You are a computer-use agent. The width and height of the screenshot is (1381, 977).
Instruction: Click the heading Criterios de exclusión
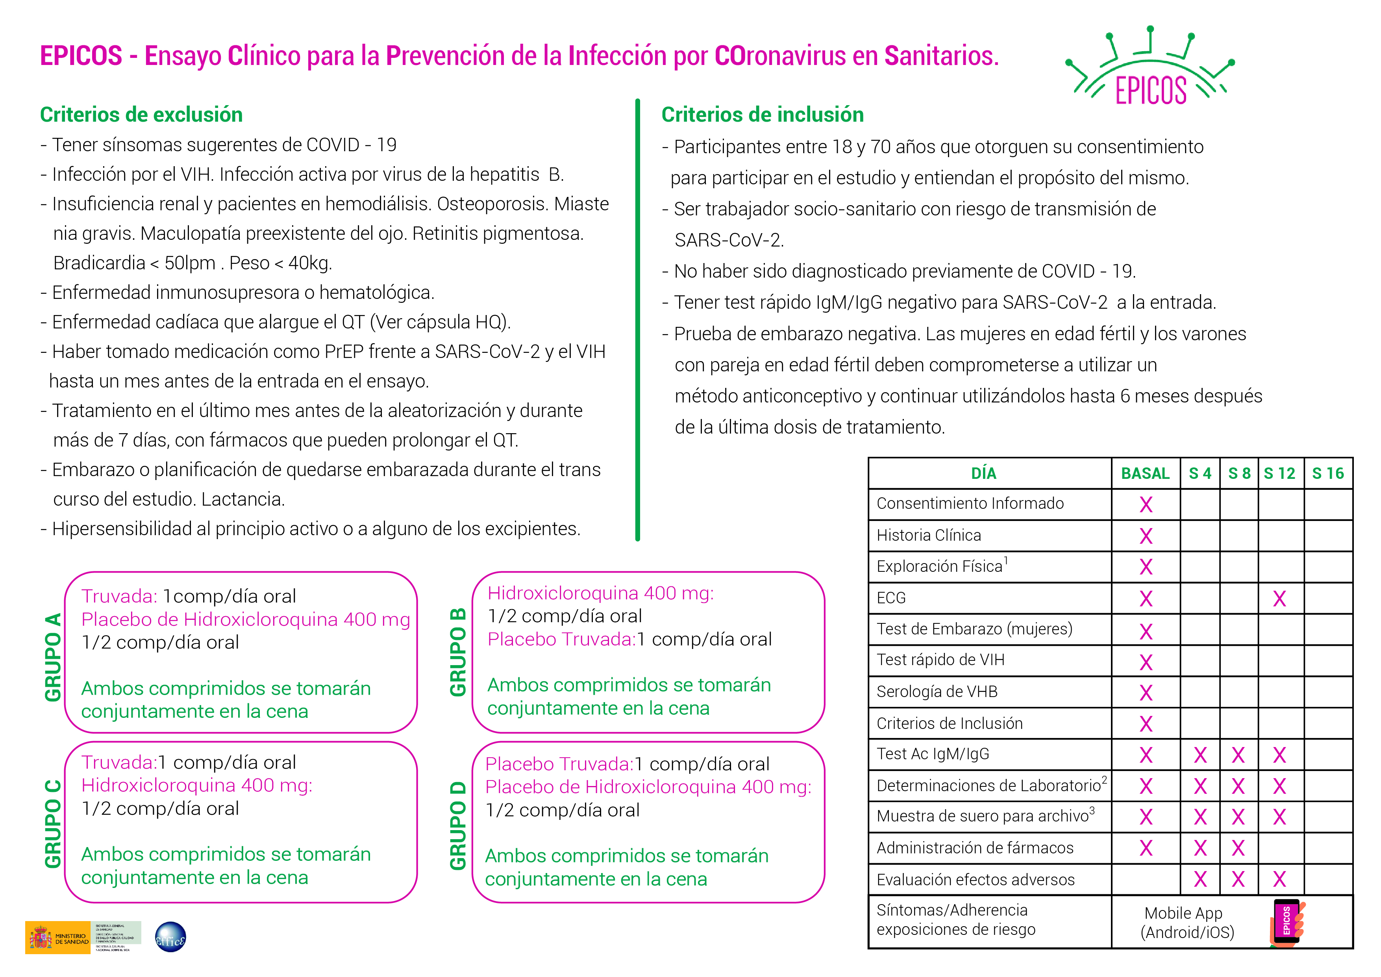(141, 114)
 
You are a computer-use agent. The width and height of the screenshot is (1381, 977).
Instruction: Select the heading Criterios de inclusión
(762, 114)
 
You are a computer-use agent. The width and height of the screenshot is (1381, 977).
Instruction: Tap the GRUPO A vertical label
(53, 657)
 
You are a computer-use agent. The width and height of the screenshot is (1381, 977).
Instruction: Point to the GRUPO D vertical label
(458, 825)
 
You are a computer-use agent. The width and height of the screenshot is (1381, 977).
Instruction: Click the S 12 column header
(1279, 473)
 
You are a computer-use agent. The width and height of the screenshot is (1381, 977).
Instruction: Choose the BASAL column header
(1145, 473)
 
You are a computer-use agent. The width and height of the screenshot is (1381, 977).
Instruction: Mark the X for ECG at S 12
(1279, 599)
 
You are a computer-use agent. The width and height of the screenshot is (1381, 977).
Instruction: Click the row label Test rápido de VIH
(940, 660)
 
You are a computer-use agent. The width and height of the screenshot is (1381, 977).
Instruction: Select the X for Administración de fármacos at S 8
(1238, 848)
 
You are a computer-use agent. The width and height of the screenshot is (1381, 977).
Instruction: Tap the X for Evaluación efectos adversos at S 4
(1200, 880)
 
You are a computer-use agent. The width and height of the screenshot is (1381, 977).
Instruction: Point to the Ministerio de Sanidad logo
(58, 937)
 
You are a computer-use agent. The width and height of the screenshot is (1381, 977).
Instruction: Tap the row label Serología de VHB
(937, 692)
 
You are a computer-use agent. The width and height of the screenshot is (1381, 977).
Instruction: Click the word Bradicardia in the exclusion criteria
(99, 263)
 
